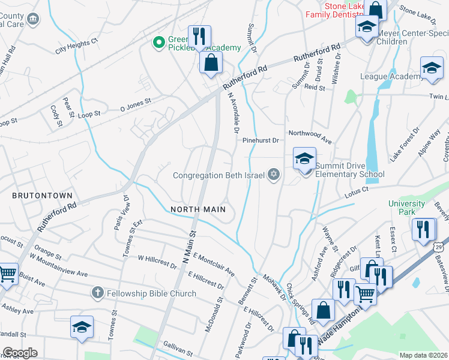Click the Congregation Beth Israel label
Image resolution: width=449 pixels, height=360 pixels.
218,176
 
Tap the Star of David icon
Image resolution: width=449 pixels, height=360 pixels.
274,175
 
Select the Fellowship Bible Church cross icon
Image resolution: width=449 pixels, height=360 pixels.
97,293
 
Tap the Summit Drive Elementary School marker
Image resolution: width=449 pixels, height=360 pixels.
304,160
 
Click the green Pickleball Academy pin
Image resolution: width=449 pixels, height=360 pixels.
158,42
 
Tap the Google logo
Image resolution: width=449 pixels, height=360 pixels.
20,353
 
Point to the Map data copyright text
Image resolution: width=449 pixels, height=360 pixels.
423,355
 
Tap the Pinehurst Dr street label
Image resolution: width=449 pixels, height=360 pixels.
261,140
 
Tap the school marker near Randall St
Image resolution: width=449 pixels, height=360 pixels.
82,328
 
